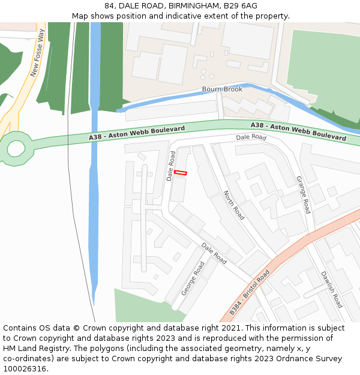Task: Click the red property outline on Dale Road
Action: (181, 173)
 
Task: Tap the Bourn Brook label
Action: (222, 89)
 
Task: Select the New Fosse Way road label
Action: (38, 54)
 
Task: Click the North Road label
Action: (234, 205)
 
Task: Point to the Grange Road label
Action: (303, 194)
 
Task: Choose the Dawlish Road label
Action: (331, 289)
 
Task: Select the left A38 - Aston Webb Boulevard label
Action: (128, 134)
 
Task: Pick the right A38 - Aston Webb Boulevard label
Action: (298, 131)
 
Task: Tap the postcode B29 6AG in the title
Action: (240, 6)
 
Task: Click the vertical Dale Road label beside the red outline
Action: (172, 166)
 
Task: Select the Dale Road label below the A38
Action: (251, 137)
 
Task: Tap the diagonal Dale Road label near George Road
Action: (214, 254)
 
